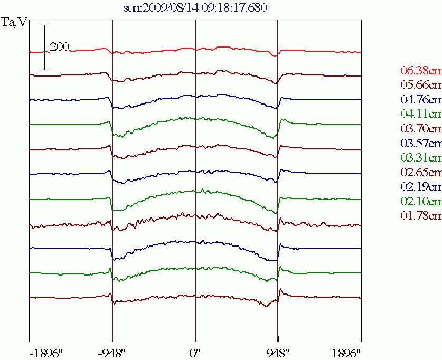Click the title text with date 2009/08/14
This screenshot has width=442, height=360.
[x=195, y=8]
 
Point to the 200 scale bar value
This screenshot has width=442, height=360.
[x=60, y=48]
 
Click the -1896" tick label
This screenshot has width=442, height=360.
[x=46, y=352]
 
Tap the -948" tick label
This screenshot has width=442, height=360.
[x=112, y=352]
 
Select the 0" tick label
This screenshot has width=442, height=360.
[x=195, y=352]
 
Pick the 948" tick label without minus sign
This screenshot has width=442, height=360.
[x=278, y=352]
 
